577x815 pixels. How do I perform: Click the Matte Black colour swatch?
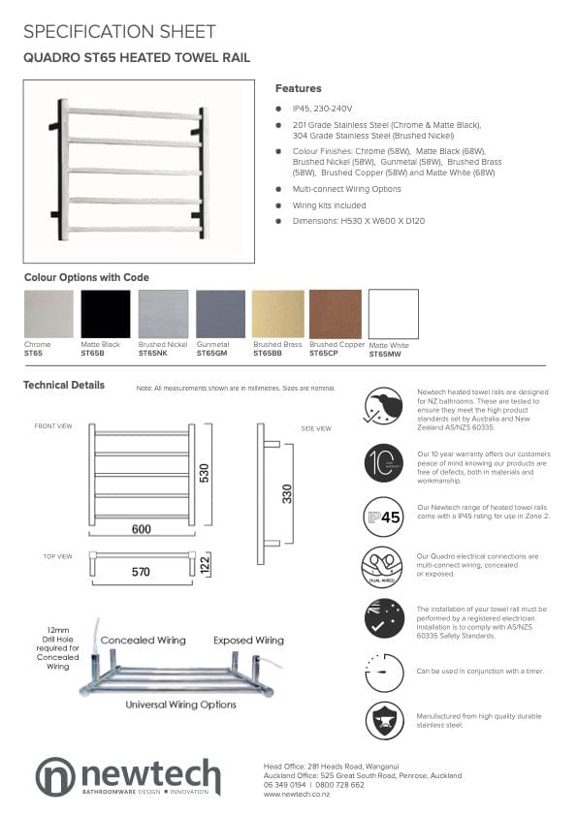[x=105, y=314]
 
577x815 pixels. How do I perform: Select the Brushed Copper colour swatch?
[x=335, y=314]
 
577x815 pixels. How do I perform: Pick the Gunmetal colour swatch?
[x=220, y=314]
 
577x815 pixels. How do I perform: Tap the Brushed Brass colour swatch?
[x=277, y=314]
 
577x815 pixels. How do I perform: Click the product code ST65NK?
[x=152, y=354]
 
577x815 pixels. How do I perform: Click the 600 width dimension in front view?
[x=142, y=529]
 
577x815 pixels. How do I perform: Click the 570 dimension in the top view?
[x=142, y=572]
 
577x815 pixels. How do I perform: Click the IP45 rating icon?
[x=383, y=517]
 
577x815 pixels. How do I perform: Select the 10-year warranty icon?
[x=383, y=462]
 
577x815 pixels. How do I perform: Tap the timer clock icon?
[x=383, y=671]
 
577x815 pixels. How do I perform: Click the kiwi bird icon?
[x=383, y=405]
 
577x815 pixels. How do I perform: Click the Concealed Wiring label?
[x=144, y=640]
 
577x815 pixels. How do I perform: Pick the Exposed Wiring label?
[x=248, y=640]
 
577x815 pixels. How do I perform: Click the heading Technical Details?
[x=64, y=385]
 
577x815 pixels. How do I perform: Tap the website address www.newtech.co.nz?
[x=298, y=794]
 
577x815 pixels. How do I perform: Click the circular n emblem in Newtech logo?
[x=55, y=777]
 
